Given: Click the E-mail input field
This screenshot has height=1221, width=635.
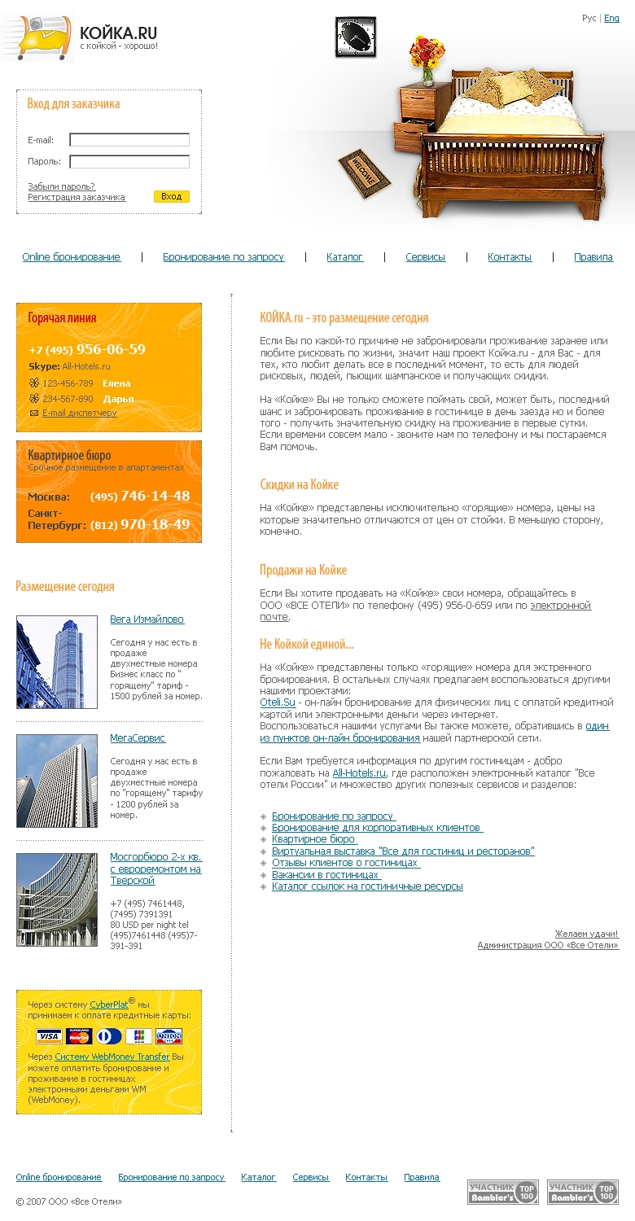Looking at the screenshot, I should (129, 140).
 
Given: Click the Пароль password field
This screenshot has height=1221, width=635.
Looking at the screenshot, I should (129, 162).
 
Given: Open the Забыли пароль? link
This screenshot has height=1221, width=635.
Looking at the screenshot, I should (61, 186).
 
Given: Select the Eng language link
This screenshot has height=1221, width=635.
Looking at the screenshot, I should (611, 18).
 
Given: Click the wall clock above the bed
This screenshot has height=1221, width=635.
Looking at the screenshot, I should (356, 37).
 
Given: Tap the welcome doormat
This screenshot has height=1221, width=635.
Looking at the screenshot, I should (363, 173).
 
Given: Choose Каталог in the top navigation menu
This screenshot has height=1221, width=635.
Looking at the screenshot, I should (344, 257).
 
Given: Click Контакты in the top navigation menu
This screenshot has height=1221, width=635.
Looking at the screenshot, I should (510, 257).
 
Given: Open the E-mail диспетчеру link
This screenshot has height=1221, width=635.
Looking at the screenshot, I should (79, 413).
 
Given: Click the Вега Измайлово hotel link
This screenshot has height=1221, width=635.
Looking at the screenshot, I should (147, 619).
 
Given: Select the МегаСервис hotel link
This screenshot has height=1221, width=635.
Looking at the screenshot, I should (138, 738).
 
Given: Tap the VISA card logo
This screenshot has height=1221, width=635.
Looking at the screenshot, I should (49, 1036).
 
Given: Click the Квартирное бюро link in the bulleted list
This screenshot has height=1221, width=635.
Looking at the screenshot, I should (313, 839).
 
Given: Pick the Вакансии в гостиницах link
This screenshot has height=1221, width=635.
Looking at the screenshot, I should (326, 874).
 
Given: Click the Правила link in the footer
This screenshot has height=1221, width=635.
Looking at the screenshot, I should (422, 1177).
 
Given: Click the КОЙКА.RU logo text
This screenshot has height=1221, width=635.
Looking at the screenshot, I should (118, 33).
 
